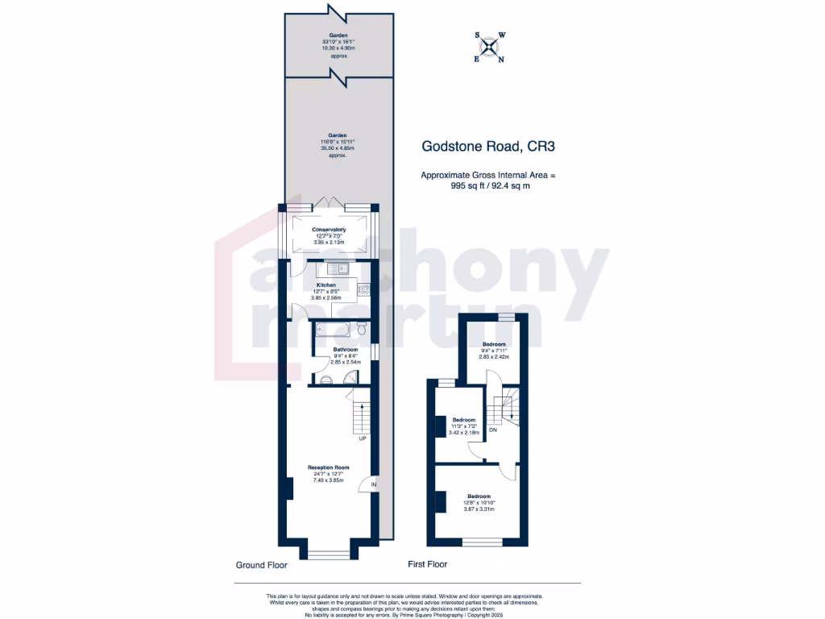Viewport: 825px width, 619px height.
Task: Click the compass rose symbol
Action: pos(489,47)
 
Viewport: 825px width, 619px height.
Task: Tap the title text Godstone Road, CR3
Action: pos(489,147)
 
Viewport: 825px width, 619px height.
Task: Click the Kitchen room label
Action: pos(326,285)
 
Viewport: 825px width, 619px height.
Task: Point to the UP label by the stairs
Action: pos(363,438)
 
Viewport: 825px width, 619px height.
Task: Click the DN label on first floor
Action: pos(493,430)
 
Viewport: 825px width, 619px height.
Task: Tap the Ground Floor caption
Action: pos(261,565)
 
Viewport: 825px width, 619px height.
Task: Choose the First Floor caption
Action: pos(427,564)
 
